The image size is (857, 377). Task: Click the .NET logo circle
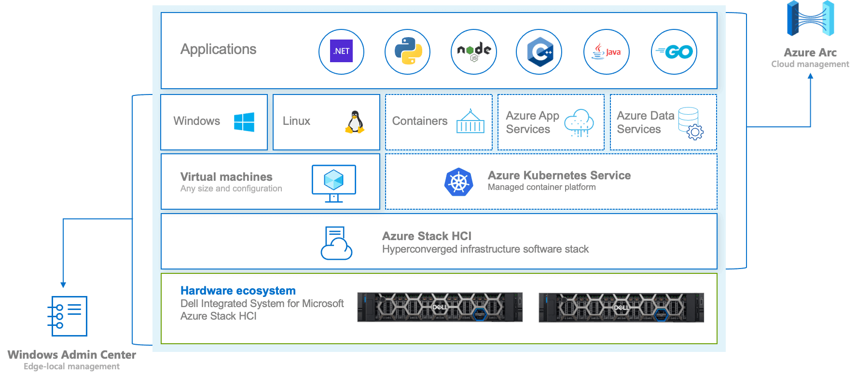(341, 52)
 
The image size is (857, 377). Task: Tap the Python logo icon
(408, 52)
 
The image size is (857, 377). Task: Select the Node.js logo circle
(474, 52)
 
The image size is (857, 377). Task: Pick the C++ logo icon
(539, 52)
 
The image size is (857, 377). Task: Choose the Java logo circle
(607, 52)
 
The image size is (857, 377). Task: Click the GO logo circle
(674, 52)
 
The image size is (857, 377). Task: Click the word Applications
(218, 49)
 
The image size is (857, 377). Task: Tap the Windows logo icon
(244, 122)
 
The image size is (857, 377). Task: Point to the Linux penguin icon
(355, 122)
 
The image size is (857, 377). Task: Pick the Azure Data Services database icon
(691, 123)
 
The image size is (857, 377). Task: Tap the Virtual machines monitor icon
(334, 183)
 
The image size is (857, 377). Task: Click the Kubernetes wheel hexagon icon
(459, 182)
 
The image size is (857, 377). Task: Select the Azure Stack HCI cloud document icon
(336, 243)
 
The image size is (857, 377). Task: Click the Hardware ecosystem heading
(238, 291)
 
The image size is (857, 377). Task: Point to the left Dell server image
(440, 307)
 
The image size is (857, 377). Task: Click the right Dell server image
(621, 307)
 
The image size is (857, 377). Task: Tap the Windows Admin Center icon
(69, 316)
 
